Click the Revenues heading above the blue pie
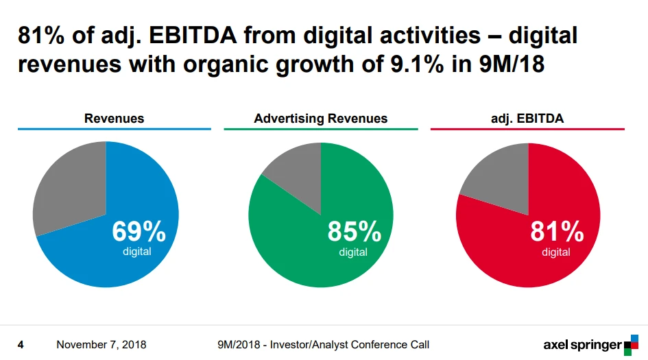click(114, 118)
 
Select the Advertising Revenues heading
click(320, 118)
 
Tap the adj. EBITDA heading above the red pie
click(527, 118)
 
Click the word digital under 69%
click(137, 252)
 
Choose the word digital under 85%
click(353, 252)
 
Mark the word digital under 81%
click(556, 252)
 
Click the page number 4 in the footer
click(21, 344)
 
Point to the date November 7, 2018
click(101, 344)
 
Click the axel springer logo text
click(582, 345)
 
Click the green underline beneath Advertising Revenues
click(320, 129)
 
